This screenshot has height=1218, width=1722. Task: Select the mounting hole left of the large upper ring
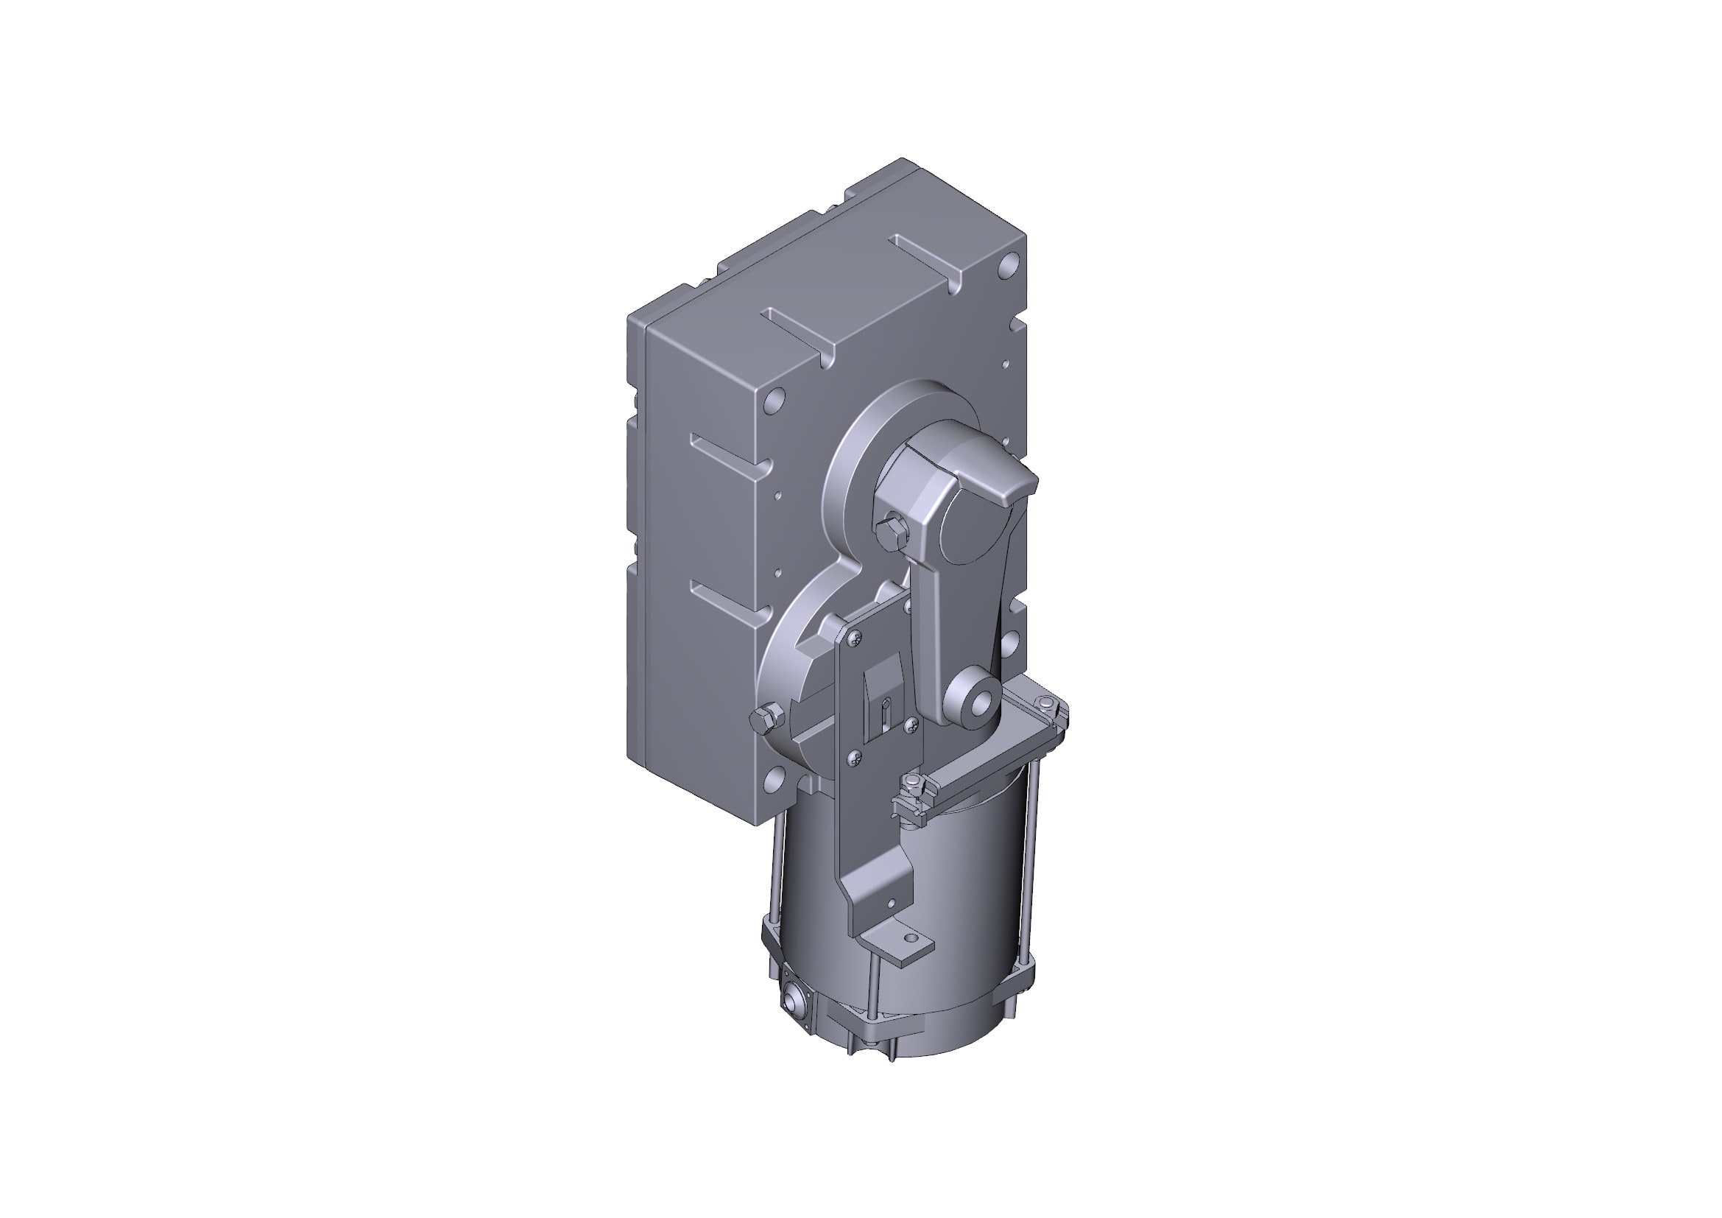[774, 398]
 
